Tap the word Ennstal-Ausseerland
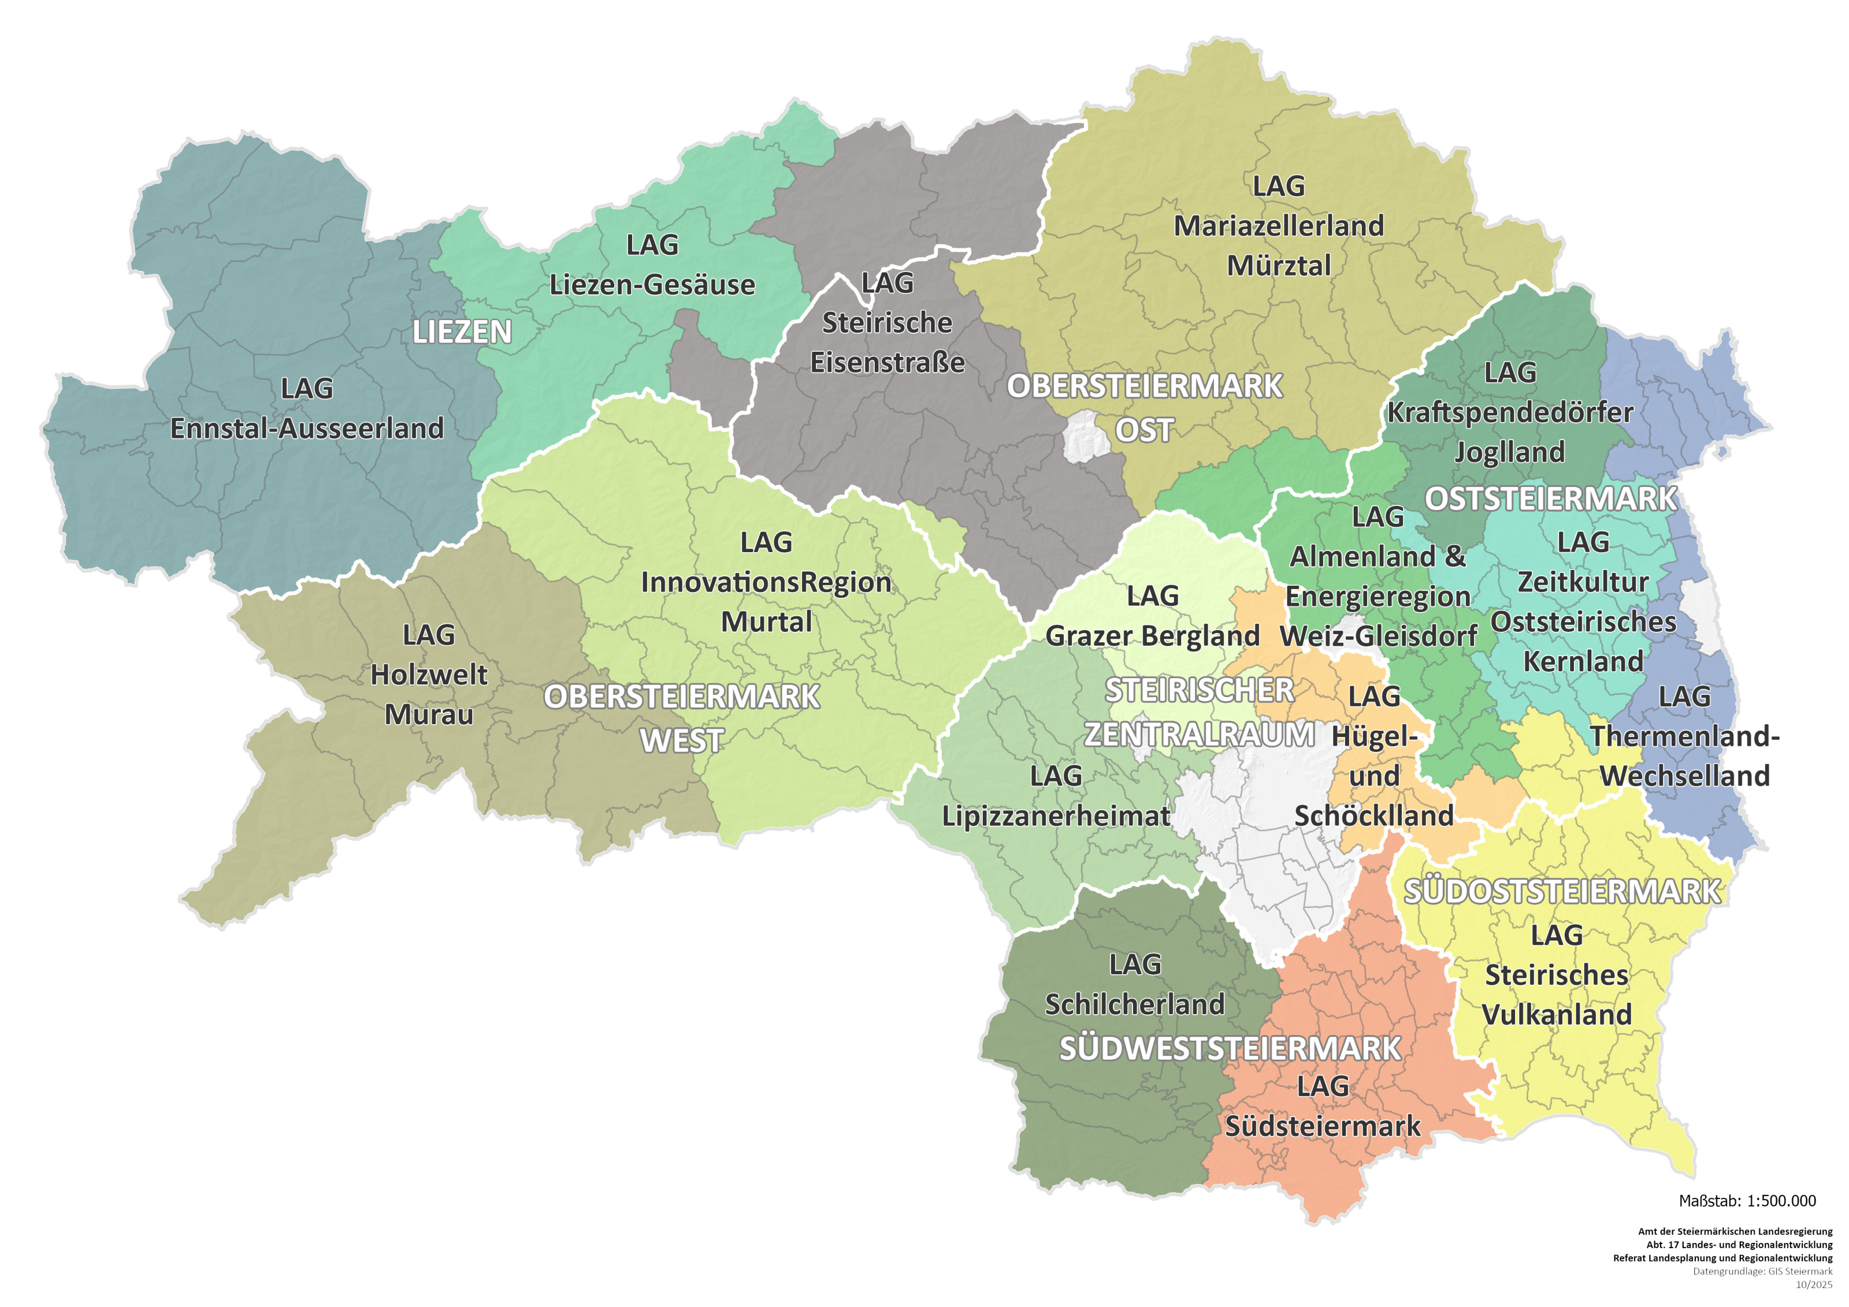(x=307, y=428)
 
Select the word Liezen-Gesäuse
(x=652, y=285)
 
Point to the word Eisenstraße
(x=888, y=363)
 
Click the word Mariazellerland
(x=1279, y=226)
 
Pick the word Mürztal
(x=1279, y=266)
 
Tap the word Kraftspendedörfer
(x=1510, y=413)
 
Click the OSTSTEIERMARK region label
(x=1550, y=499)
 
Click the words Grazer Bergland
(x=1152, y=636)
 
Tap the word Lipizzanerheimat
(x=1056, y=816)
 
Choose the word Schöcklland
(x=1374, y=816)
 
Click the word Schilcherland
(x=1135, y=1004)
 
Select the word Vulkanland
(x=1557, y=1015)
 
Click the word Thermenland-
(x=1685, y=736)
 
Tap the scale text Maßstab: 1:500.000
(x=1747, y=1201)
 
